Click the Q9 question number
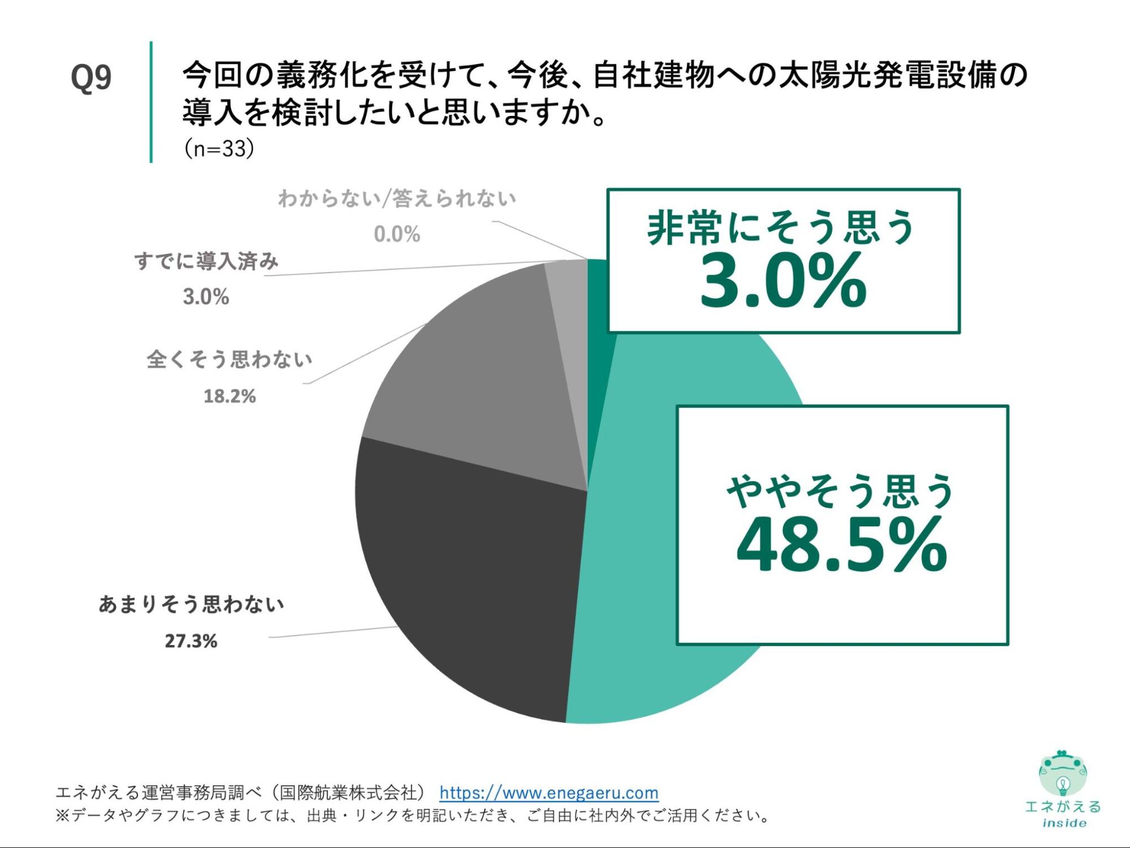[x=91, y=77]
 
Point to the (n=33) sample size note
[x=219, y=149]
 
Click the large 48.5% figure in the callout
[x=842, y=546]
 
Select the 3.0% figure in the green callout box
[x=783, y=281]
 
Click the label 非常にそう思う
[x=781, y=227]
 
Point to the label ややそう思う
[x=841, y=491]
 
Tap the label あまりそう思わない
[x=191, y=604]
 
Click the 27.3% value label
[x=191, y=641]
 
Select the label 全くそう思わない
[x=230, y=360]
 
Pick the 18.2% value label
[x=230, y=396]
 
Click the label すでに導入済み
[x=206, y=261]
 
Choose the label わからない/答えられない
[x=397, y=198]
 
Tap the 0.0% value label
[x=397, y=234]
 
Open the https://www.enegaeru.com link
[x=549, y=793]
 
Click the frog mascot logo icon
[x=1063, y=772]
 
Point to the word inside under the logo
[x=1064, y=823]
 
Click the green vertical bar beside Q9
[x=151, y=102]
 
